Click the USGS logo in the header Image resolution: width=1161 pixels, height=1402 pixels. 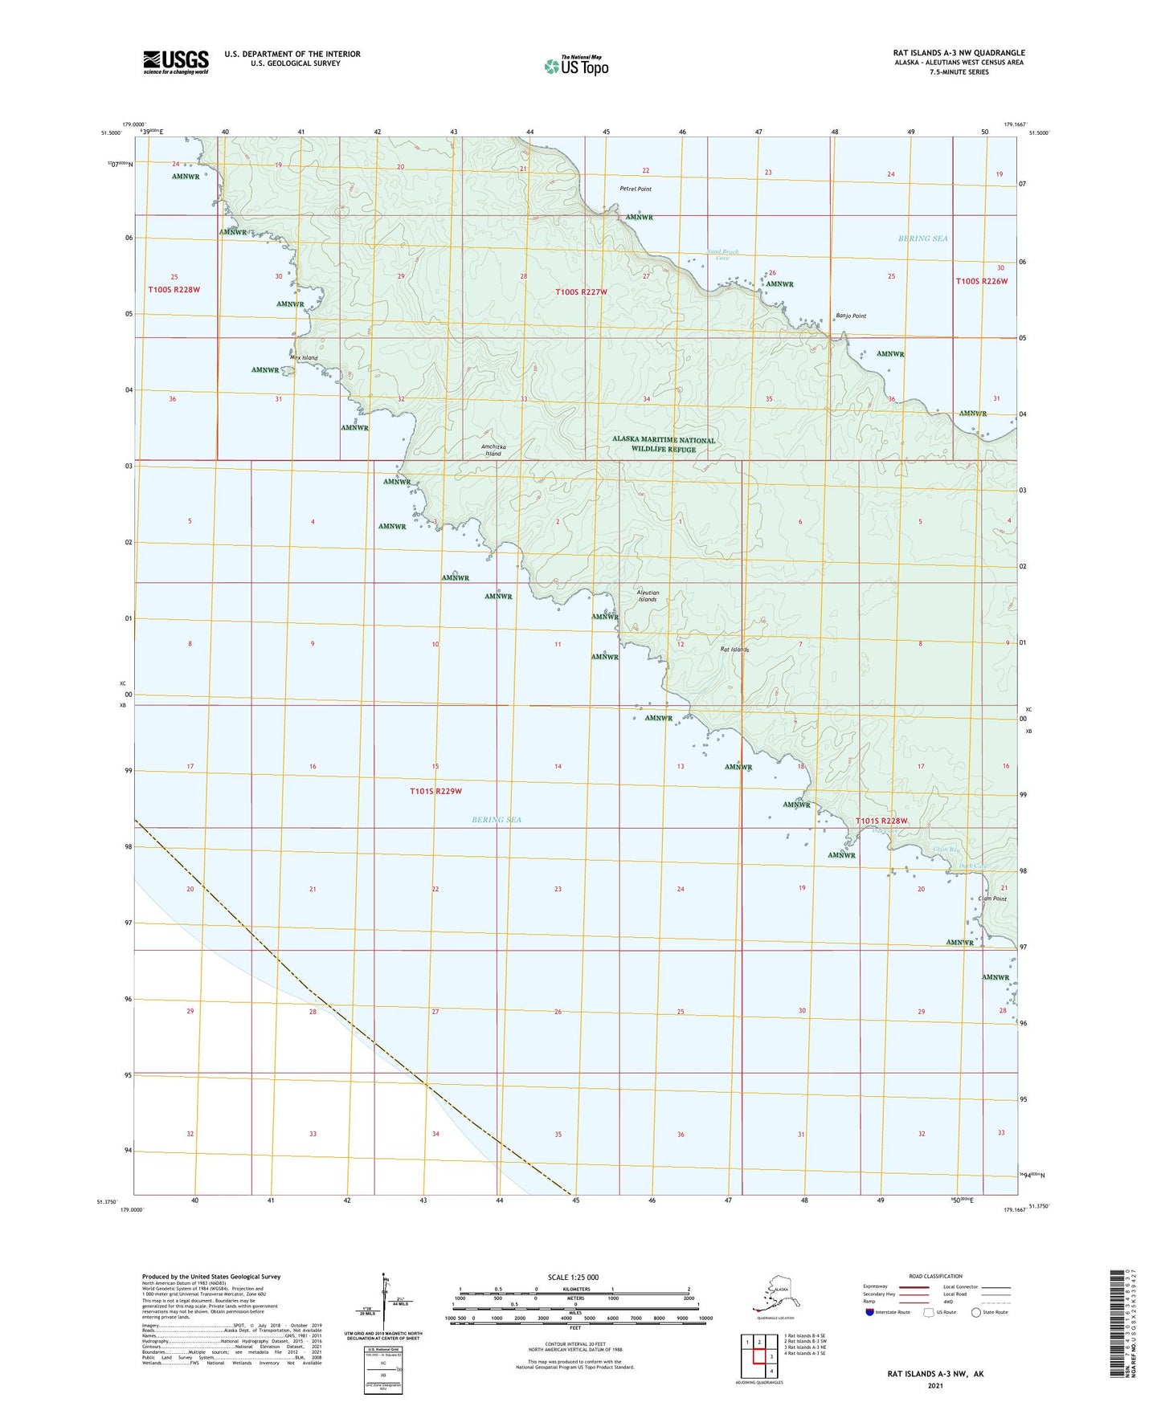176,62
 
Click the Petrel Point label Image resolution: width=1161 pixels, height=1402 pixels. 636,190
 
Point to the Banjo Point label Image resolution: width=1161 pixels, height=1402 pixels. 851,316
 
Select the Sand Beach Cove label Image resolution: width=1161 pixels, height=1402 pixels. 723,255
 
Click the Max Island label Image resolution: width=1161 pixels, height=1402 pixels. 304,358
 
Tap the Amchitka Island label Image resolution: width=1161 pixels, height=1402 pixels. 493,450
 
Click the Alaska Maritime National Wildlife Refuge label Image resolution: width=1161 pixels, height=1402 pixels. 664,445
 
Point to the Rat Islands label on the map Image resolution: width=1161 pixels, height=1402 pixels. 734,650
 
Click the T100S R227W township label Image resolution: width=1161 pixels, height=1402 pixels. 581,293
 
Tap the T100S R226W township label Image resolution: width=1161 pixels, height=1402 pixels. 981,282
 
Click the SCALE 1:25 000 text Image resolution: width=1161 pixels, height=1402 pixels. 573,1277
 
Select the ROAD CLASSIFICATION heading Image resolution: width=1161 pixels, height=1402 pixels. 935,1276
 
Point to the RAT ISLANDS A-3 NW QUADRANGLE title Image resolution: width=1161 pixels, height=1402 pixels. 959,53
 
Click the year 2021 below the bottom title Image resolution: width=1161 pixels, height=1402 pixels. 934,1386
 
